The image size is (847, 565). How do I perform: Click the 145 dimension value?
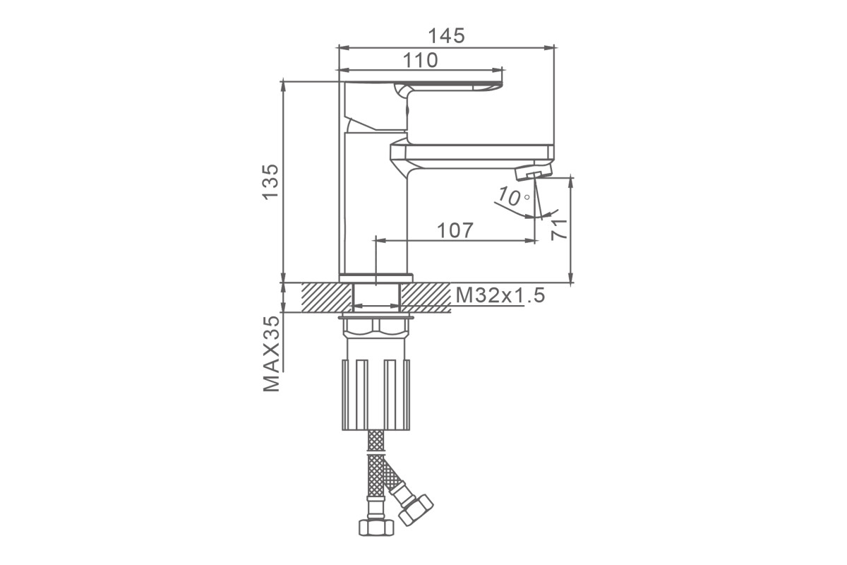(446, 36)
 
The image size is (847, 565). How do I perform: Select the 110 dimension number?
(421, 60)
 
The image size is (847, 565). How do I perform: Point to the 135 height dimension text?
(271, 182)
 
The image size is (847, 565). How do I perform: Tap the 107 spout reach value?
(455, 230)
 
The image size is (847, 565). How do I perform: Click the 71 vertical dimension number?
(559, 230)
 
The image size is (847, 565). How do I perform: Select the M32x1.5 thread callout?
(500, 295)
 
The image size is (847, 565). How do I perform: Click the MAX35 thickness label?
(272, 354)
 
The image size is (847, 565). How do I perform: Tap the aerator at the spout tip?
(534, 172)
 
